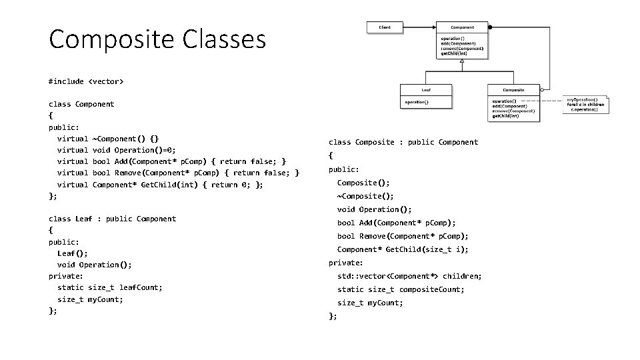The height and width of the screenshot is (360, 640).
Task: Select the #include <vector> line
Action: [x=86, y=81]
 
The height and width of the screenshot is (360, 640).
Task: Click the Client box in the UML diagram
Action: [x=385, y=27]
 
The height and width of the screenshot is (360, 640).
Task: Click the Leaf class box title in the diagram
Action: [x=426, y=89]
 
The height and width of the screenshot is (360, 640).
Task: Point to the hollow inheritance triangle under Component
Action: [x=462, y=60]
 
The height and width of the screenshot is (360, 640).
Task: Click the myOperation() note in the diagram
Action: [x=587, y=104]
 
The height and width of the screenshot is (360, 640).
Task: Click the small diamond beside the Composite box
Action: [x=543, y=89]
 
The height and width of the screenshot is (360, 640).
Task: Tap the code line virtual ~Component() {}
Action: [x=108, y=139]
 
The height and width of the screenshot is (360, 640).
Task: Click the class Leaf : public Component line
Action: [x=112, y=219]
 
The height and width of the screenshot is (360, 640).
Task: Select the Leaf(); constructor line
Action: [x=73, y=253]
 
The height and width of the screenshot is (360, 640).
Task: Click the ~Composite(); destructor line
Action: [x=365, y=196]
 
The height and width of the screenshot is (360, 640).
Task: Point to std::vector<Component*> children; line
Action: [x=409, y=276]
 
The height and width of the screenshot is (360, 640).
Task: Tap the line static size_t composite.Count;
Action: [x=401, y=289]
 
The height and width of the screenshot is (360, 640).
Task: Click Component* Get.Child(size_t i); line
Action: [x=403, y=249]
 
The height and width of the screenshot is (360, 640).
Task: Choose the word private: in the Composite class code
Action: [x=345, y=263]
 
